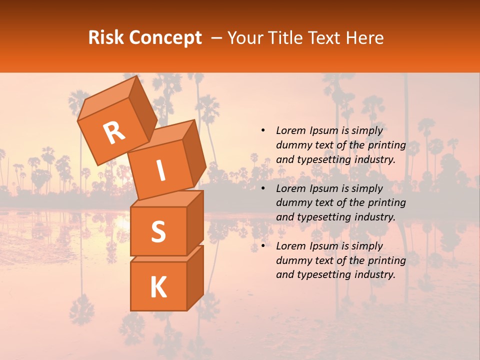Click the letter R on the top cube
point(114,133)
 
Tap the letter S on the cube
point(158,231)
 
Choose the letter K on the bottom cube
point(158,287)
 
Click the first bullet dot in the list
point(263,131)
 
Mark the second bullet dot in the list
point(263,188)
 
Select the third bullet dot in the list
point(263,246)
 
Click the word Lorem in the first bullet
point(290,131)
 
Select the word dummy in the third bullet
point(291,260)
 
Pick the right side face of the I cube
point(194,153)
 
